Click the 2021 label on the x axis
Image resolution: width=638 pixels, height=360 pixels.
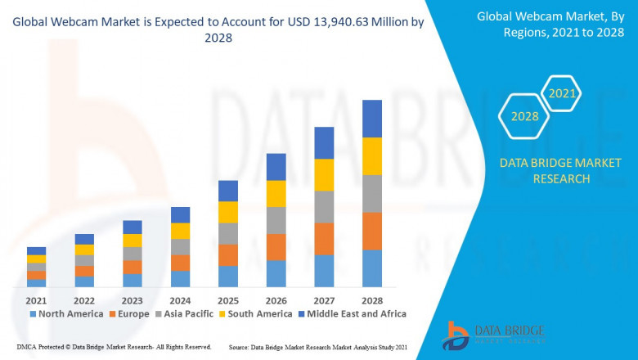point(36,299)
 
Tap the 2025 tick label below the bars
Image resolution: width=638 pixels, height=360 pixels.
point(228,299)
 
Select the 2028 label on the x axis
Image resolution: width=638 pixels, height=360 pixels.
point(372,299)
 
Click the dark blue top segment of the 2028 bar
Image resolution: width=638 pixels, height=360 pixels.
point(372,119)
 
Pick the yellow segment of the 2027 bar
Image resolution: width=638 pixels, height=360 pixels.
point(324,175)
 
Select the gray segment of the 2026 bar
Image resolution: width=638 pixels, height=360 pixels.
point(276,220)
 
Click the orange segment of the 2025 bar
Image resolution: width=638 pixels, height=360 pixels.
point(228,255)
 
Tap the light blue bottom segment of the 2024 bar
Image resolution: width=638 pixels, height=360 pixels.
point(180,279)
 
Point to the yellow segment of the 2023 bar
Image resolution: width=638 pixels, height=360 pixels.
point(133,241)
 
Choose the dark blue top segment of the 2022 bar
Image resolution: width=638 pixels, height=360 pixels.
point(84,239)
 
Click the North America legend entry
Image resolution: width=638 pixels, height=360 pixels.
point(66,313)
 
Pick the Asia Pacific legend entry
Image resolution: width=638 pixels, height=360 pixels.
point(186,313)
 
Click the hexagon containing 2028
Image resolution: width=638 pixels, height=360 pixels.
point(524,116)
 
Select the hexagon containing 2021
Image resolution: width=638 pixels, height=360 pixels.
point(562,94)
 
